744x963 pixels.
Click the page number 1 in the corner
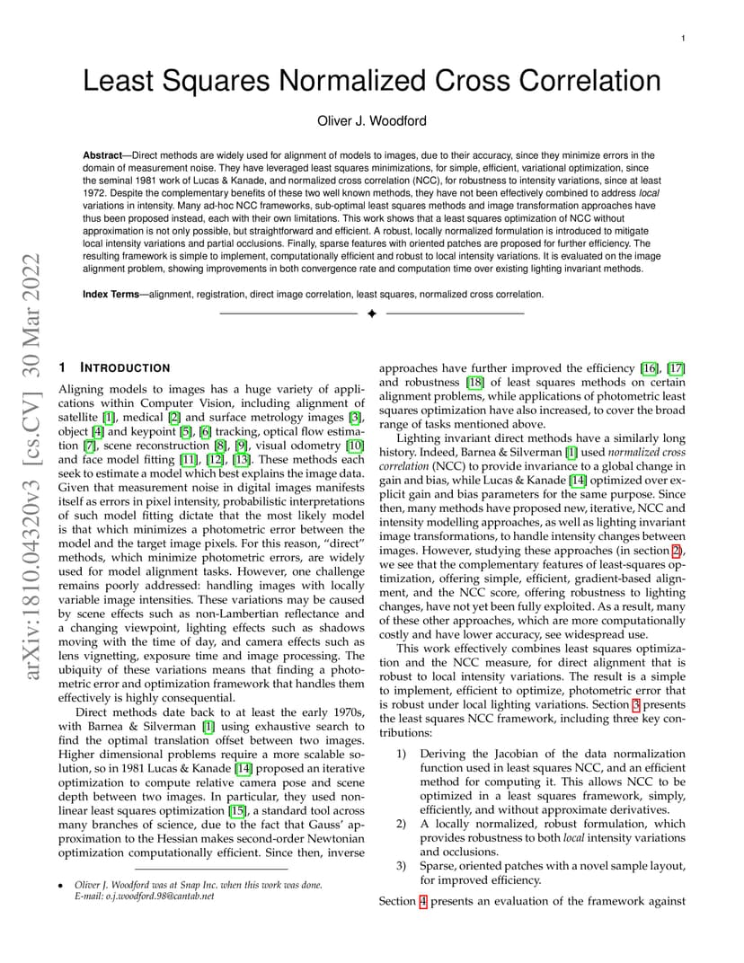coord(684,39)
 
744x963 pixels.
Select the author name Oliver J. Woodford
coord(372,121)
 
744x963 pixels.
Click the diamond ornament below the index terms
coord(371,314)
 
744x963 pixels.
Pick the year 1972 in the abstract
coord(97,190)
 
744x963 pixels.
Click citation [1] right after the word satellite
coord(109,418)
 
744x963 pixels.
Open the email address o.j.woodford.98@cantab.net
coord(158,896)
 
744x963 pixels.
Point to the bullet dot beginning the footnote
coord(61,886)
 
